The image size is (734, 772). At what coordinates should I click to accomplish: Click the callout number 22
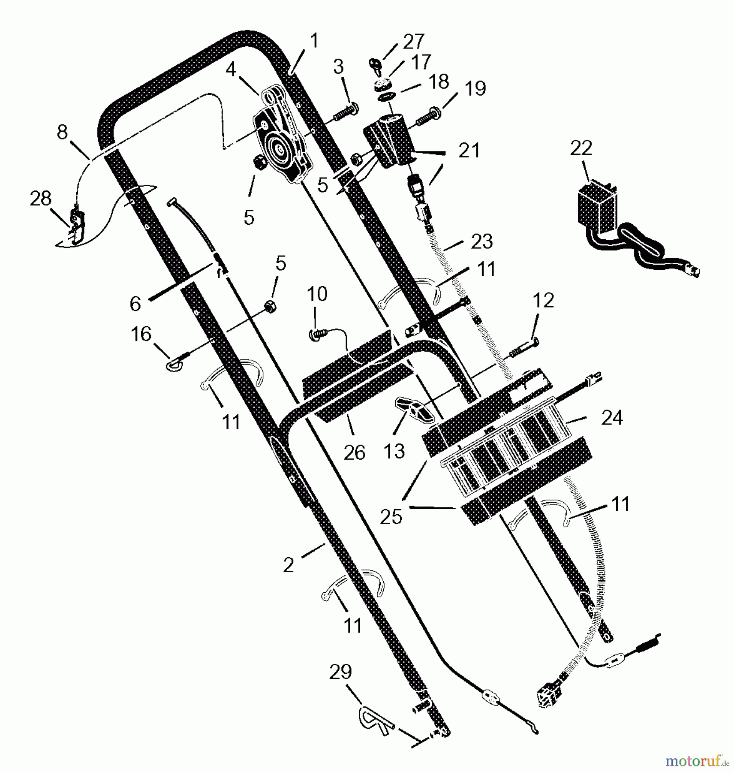point(581,148)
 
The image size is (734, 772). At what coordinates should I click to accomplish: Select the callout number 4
point(231,69)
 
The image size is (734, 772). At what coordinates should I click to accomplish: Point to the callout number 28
point(40,199)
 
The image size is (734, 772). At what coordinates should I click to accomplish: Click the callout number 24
point(612,417)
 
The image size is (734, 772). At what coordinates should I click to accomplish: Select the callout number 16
point(141,334)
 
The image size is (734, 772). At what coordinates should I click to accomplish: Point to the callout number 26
point(354,453)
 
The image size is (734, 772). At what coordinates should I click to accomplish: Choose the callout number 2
point(289,565)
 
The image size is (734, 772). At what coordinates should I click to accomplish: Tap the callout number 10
point(317,294)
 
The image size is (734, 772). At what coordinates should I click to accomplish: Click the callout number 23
point(481,241)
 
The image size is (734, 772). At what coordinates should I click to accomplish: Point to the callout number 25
point(391,516)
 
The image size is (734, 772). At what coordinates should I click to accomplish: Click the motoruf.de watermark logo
point(697,761)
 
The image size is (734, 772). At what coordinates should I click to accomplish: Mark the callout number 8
point(62,132)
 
